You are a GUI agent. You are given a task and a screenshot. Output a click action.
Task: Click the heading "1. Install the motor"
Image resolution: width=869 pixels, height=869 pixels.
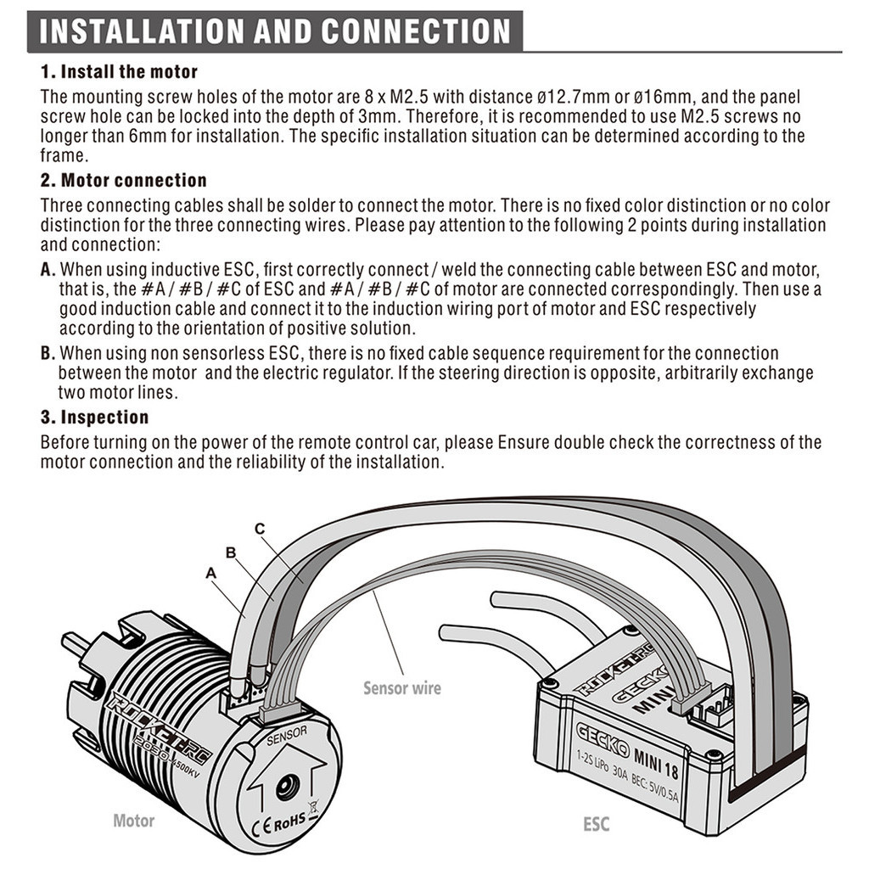pos(119,71)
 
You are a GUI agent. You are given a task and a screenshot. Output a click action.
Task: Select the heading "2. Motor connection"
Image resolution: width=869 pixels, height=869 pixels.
pos(124,180)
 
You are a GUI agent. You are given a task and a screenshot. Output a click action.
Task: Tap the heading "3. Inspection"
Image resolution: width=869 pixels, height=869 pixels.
pos(95,417)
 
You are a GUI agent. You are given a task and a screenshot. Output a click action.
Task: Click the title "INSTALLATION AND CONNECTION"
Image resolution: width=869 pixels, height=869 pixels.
pos(275,31)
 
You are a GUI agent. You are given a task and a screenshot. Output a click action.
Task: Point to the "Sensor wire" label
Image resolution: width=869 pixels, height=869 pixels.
pos(402,688)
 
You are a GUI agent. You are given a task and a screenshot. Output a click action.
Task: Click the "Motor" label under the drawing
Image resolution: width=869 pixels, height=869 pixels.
pos(133,821)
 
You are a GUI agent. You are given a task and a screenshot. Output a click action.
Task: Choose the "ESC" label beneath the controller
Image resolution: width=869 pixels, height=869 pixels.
pos(597,824)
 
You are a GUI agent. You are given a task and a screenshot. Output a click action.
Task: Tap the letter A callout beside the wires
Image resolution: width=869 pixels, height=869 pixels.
pos(210,573)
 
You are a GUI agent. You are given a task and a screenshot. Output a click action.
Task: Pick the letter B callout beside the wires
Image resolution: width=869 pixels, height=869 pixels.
pos(231,552)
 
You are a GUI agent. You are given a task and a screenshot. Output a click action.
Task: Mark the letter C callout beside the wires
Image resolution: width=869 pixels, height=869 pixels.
pos(260,529)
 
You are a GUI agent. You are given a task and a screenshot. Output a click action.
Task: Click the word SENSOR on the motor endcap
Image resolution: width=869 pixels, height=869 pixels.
pos(287,736)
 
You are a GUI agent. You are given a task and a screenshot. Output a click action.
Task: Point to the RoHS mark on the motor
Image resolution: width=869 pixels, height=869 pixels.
pos(289,821)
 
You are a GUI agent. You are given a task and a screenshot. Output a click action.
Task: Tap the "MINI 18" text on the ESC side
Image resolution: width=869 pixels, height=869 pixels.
pos(656,765)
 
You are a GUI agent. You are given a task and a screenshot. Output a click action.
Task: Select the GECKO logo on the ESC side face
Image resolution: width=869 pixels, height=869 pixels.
pos(603,739)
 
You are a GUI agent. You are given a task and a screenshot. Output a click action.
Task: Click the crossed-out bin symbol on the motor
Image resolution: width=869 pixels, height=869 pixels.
pos(314,809)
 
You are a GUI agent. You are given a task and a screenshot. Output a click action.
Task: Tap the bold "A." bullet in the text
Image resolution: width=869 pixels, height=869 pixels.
pos(48,270)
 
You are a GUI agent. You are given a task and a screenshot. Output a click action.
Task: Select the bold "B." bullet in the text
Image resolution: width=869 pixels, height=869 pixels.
pos(48,354)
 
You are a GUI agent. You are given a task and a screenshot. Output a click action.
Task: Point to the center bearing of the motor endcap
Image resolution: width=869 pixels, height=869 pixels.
pos(288,788)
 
